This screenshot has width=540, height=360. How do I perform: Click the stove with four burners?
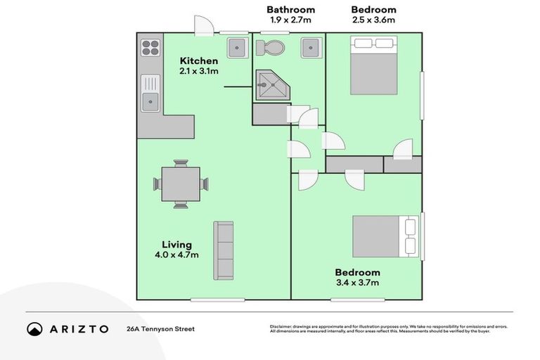tap(150, 47)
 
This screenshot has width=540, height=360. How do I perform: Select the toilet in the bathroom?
tap(271, 48)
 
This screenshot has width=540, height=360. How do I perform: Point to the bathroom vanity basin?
tap(311, 48)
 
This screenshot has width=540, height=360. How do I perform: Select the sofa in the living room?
tap(224, 250)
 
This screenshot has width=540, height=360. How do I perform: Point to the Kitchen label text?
tap(199, 60)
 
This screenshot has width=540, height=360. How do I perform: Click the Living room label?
tap(176, 245)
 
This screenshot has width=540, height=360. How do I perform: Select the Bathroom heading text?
tap(290, 10)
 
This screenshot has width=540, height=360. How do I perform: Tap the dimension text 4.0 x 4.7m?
tap(176, 255)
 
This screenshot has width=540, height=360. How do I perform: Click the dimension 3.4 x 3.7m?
tap(357, 283)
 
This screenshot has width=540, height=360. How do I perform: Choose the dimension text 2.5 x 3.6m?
tap(373, 20)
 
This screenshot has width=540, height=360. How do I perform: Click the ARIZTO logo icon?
tap(34, 328)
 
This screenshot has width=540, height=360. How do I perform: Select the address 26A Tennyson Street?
tap(160, 328)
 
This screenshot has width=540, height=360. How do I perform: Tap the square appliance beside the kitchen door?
tap(237, 48)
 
